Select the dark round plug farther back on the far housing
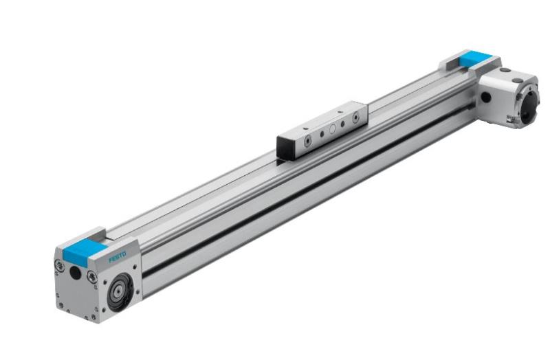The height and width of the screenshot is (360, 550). [x=505, y=70]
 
